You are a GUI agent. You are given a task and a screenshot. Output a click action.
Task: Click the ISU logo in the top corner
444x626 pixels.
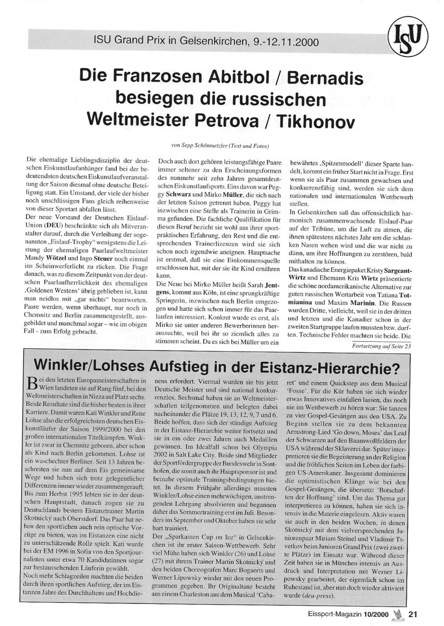click(408, 39)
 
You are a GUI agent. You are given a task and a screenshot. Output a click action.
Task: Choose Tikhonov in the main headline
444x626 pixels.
click(315, 121)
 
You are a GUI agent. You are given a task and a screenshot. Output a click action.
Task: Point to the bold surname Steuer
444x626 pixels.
click(103, 258)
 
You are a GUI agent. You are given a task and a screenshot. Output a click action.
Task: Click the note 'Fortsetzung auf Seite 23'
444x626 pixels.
click(381, 346)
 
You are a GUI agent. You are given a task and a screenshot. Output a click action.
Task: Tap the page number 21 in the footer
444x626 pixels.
click(413, 614)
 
